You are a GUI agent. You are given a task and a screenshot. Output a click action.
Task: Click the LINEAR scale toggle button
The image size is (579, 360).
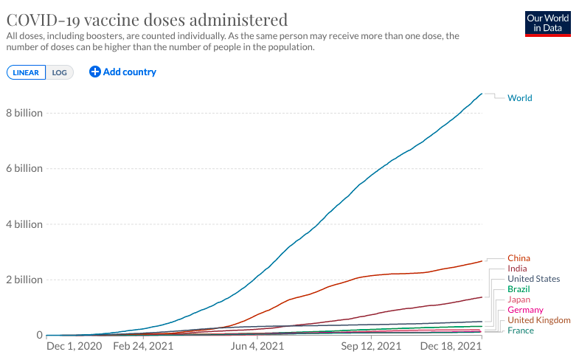[26, 72]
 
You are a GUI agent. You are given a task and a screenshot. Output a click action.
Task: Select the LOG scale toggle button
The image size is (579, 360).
[60, 72]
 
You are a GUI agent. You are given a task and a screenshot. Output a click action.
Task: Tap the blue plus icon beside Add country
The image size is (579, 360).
[95, 72]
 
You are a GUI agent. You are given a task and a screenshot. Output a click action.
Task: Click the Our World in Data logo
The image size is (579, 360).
[548, 24]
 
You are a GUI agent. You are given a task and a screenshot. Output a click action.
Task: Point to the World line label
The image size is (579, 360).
[520, 98]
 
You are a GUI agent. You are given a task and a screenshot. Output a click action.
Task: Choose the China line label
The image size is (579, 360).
[519, 258]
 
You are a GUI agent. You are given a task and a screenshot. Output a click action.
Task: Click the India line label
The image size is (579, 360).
[517, 269]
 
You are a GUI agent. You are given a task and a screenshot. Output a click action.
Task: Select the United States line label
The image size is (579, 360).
[533, 279]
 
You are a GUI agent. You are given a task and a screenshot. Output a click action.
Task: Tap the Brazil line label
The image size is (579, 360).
[519, 289]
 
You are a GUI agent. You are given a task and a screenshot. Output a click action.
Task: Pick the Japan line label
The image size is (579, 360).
[519, 300]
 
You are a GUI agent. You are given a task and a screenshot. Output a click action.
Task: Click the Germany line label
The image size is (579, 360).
[525, 310]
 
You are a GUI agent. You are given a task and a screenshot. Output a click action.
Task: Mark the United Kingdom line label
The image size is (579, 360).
[539, 320]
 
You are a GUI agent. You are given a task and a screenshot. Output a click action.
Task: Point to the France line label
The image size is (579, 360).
[521, 330]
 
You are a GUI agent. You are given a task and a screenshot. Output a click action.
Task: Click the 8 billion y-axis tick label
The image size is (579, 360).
[24, 113]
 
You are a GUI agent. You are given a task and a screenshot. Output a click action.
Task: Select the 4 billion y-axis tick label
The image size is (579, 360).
[24, 224]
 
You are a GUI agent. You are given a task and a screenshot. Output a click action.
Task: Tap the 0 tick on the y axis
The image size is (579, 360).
[40, 335]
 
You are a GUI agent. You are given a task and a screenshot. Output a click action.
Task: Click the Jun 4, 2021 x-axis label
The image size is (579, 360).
[257, 346]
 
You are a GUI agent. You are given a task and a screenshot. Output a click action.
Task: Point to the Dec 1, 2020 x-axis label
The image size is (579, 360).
[74, 346]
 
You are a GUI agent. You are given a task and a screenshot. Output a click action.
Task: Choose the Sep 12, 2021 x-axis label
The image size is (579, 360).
[371, 346]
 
